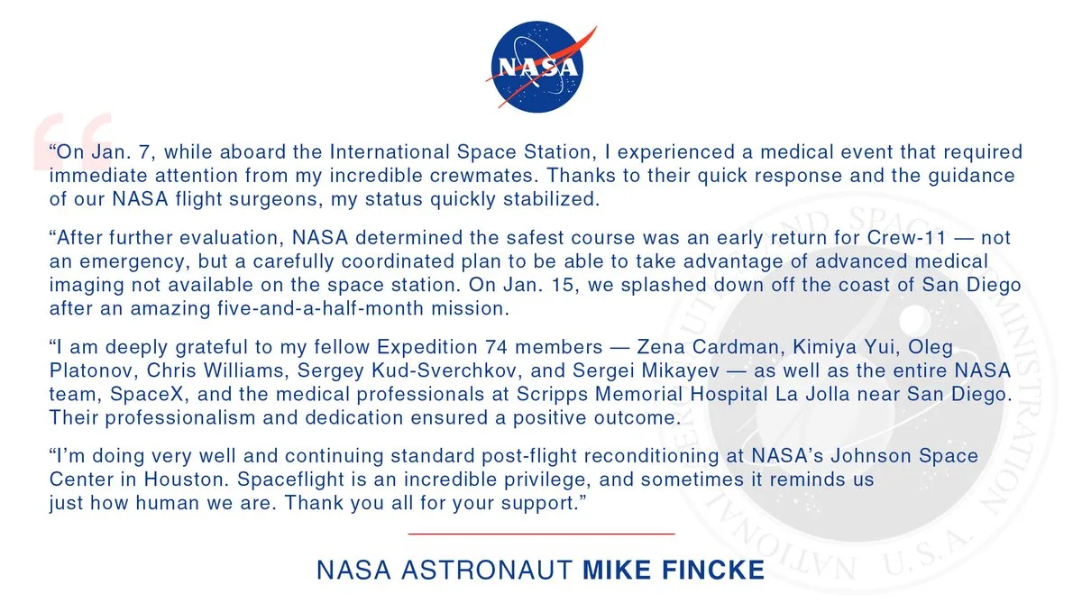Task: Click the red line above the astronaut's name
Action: [541, 534]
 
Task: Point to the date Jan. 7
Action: [113, 151]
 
